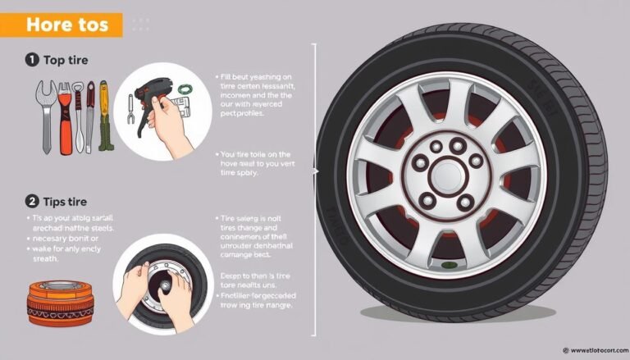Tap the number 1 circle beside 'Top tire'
coord(30,59)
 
